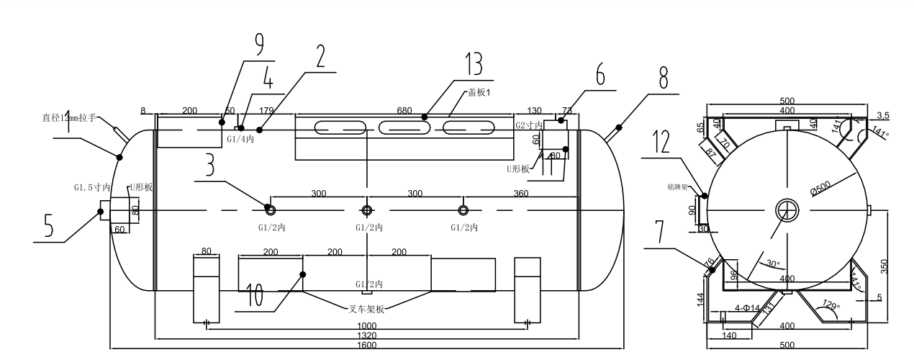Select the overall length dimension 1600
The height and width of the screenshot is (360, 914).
pos(367,345)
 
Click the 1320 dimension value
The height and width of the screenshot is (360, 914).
pos(367,335)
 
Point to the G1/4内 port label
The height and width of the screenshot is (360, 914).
pos(240,139)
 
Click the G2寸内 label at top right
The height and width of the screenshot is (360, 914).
pos(529,125)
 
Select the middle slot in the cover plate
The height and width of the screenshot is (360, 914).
pos(405,130)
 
